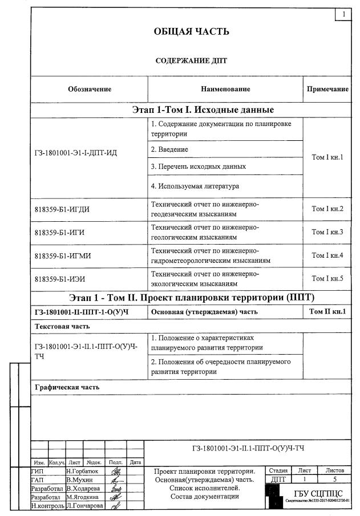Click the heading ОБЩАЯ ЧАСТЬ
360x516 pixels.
pos(191,31)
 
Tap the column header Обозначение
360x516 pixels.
pos(90,89)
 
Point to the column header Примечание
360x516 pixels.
pos(327,89)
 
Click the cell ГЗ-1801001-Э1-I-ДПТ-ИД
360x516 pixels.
pos(75,152)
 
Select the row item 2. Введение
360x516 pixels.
pos(169,149)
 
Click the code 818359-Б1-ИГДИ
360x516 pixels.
pos(62,209)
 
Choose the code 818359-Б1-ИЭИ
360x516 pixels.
pos(59,278)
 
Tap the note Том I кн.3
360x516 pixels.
pos(327,232)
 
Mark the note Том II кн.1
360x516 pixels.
pos(327,311)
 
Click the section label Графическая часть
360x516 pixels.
pos(67,387)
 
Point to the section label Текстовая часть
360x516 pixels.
pos(62,327)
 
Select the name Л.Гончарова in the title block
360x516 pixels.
pos(86,506)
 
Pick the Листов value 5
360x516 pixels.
pos(334,480)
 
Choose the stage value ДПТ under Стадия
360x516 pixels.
pos(278,480)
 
